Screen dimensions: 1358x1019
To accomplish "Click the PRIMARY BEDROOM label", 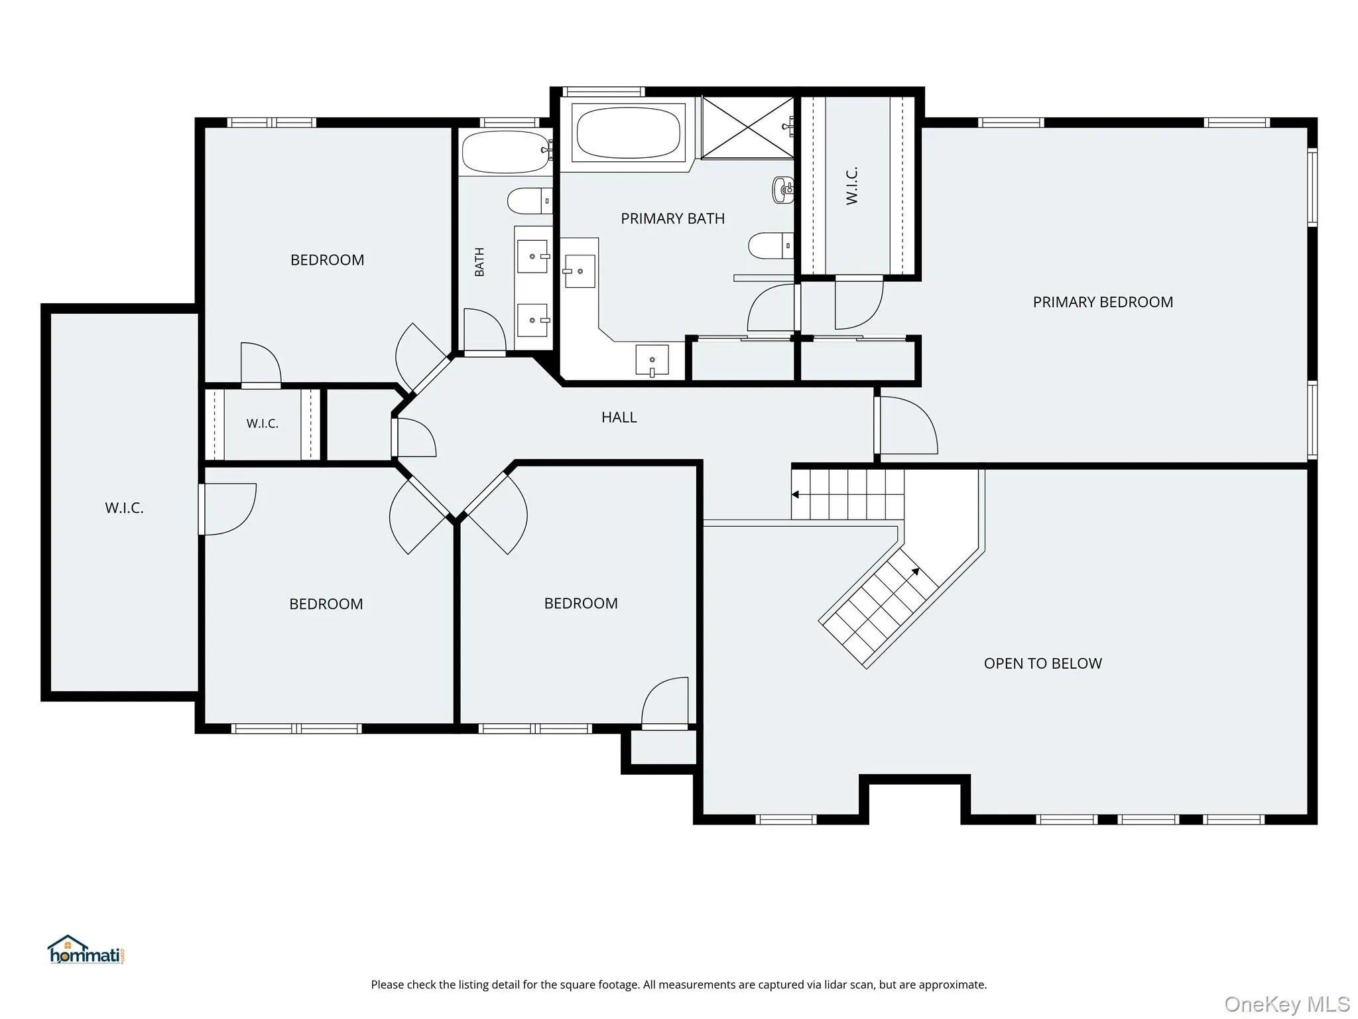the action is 1103,302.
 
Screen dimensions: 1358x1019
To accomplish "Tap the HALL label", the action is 619,417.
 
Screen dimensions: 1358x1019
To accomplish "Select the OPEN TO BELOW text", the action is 1042,663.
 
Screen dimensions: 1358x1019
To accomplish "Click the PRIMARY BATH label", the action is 672,218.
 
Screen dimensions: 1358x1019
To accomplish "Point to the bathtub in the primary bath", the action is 628,133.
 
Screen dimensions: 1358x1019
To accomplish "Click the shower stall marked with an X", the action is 748,127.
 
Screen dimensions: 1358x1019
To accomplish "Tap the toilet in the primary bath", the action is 771,245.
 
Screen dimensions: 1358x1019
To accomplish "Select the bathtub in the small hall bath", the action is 507,151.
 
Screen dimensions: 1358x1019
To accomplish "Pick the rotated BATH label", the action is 479,261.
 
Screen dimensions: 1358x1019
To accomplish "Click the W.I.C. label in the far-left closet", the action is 124,508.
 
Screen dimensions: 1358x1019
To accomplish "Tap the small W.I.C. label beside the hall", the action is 263,423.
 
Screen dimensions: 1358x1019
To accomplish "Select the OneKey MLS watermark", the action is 1286,1004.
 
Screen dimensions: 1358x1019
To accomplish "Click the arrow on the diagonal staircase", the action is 915,572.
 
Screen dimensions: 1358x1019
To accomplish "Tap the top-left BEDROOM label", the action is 327,260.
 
